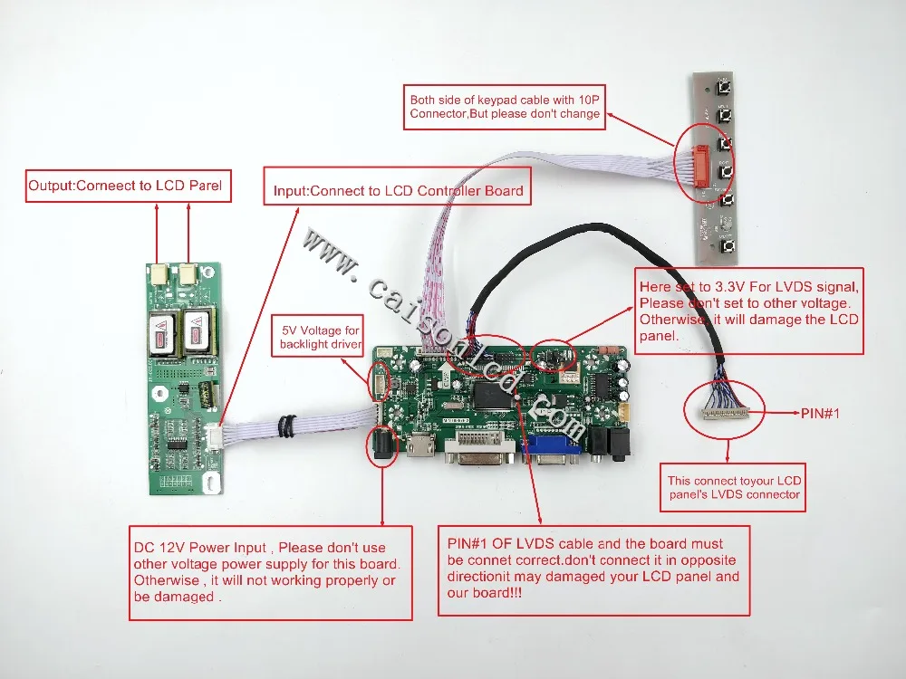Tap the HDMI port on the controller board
coord(421,446)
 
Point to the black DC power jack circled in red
coord(381,447)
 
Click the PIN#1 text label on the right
coord(822,413)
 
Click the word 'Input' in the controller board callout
coord(289,191)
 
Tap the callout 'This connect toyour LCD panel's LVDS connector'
coord(734,487)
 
